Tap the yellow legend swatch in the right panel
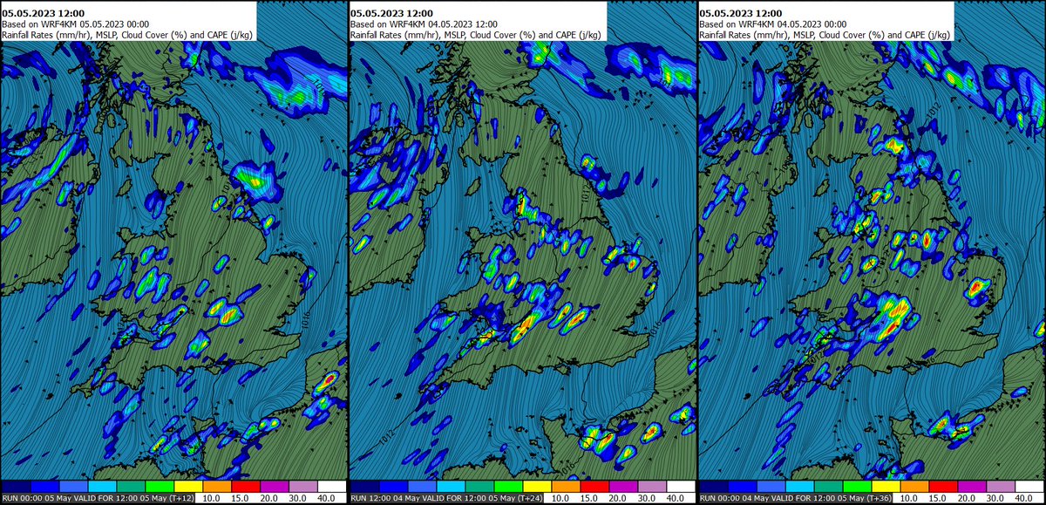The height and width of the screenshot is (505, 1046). pos(885,485)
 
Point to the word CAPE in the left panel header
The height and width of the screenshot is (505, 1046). pos(220,35)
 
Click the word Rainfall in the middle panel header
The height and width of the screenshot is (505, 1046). pos(368,35)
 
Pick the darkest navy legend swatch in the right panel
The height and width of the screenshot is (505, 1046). pos(714,485)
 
